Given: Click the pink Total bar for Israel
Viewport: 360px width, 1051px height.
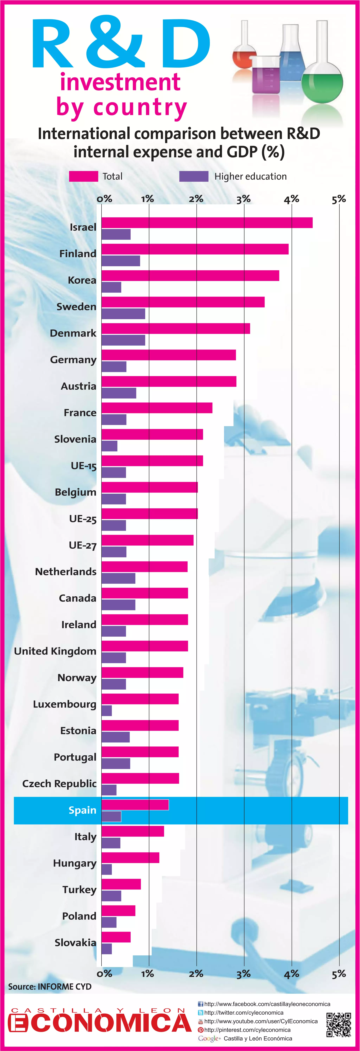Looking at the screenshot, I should [x=207, y=223].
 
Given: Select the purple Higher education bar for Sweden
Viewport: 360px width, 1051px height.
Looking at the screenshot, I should [x=123, y=314].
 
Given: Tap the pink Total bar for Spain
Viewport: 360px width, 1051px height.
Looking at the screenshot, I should [x=135, y=805].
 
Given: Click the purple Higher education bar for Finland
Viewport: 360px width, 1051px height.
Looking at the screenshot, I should [x=121, y=261].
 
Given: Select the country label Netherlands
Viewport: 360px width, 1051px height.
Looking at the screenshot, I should [x=66, y=572].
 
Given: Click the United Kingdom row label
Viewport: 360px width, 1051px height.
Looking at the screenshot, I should [x=55, y=651].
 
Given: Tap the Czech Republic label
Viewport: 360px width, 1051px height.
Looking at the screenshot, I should [x=59, y=784].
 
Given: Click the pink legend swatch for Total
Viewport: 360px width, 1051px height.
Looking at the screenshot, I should [x=84, y=176].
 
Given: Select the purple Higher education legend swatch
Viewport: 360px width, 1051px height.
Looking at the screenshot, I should [x=194, y=176].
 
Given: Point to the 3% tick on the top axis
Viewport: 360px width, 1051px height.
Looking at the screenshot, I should [x=244, y=199].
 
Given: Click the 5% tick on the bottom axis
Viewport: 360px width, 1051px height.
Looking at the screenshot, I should [x=339, y=974].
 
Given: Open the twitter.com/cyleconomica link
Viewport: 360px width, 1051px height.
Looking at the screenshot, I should [x=244, y=1013].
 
